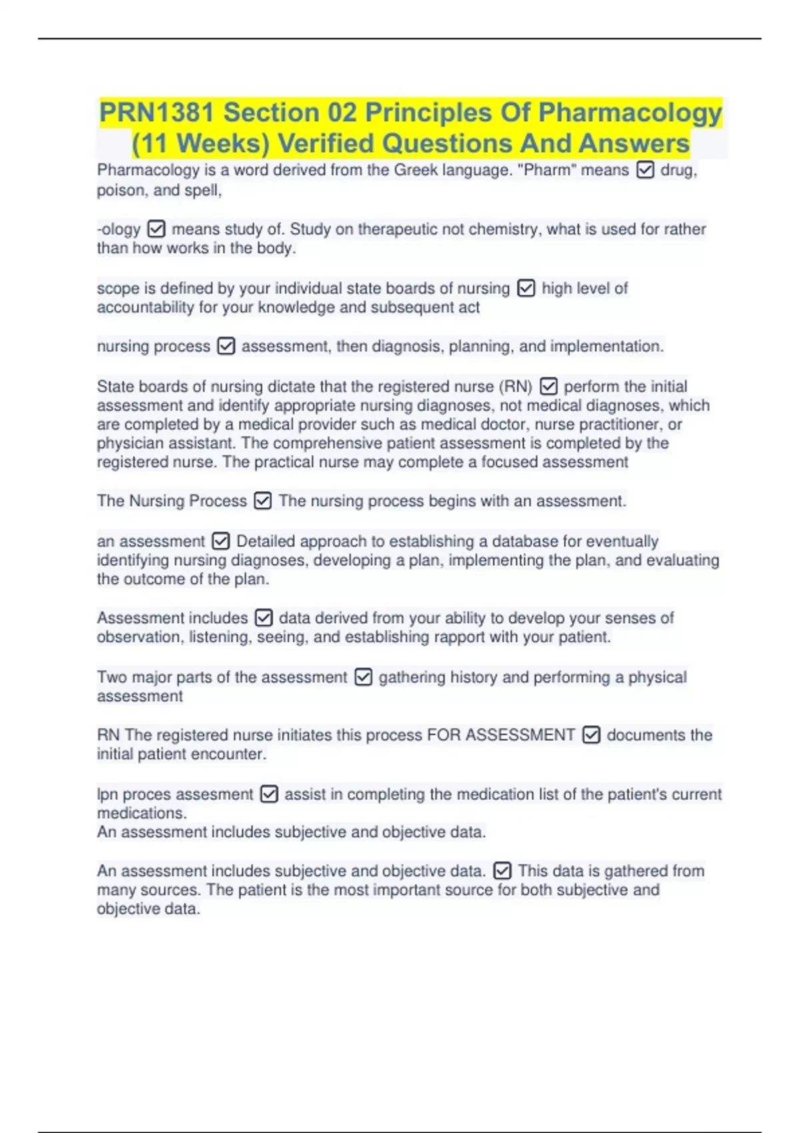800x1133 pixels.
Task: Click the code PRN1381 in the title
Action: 157,113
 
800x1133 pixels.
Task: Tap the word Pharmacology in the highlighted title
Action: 630,113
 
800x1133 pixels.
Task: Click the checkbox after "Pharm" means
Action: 645,171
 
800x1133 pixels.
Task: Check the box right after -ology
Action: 156,229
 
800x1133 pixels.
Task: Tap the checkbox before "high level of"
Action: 526,289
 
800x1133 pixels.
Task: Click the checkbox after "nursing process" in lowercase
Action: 226,347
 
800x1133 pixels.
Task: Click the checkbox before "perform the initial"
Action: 548,387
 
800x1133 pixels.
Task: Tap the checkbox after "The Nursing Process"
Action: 263,501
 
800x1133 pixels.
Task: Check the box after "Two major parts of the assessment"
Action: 363,678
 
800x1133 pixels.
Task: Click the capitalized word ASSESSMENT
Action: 520,735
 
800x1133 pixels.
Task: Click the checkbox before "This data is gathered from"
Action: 502,871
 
